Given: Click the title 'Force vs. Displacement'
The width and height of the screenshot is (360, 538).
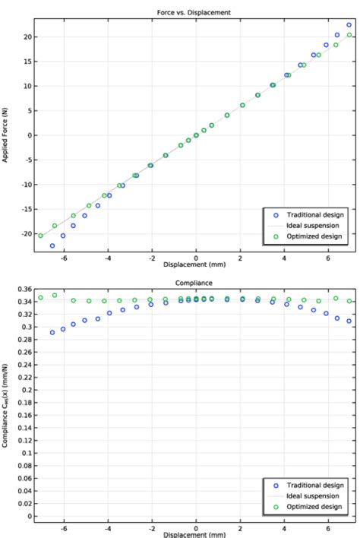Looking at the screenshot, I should (197, 11).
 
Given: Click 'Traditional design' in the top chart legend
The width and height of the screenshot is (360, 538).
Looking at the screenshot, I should (314, 214).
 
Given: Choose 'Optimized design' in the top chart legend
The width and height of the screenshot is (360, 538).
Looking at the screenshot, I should (314, 237).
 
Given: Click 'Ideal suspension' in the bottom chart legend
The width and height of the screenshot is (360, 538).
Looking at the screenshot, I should (312, 495).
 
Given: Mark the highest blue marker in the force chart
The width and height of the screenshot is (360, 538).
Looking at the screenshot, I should (349, 25).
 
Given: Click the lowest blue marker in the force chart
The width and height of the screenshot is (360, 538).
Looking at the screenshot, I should (52, 245).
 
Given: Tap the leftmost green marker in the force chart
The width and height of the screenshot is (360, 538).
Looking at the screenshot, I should (41, 236).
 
